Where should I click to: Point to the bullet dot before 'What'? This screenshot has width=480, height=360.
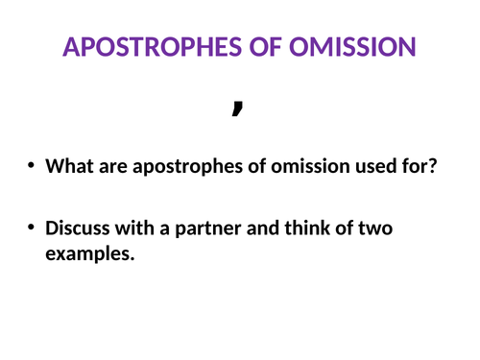coord(33,166)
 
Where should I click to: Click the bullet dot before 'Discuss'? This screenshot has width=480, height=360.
coord(33,228)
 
